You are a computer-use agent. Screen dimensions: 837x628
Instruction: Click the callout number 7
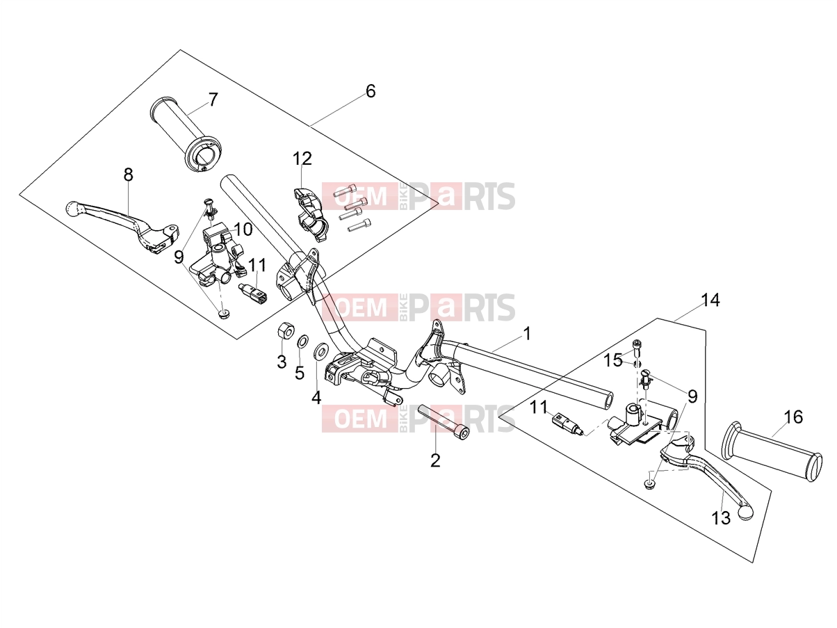(213, 100)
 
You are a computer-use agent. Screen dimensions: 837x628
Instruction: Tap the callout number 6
(371, 92)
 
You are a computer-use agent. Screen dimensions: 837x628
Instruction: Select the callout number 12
(302, 159)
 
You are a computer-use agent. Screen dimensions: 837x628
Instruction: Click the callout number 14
(710, 300)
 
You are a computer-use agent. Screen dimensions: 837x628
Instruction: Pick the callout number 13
(721, 518)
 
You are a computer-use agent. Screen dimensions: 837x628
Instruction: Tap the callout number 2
(435, 460)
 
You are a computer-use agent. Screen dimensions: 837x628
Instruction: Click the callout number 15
(612, 360)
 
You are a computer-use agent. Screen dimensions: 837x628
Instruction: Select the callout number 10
(243, 230)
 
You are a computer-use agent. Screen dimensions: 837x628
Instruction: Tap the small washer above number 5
(303, 342)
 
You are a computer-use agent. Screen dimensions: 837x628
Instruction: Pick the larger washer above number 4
(319, 352)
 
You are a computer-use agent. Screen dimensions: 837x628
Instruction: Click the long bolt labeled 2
(444, 423)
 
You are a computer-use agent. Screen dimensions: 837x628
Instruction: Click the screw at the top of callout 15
(636, 346)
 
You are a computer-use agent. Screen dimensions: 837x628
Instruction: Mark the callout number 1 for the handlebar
(527, 334)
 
